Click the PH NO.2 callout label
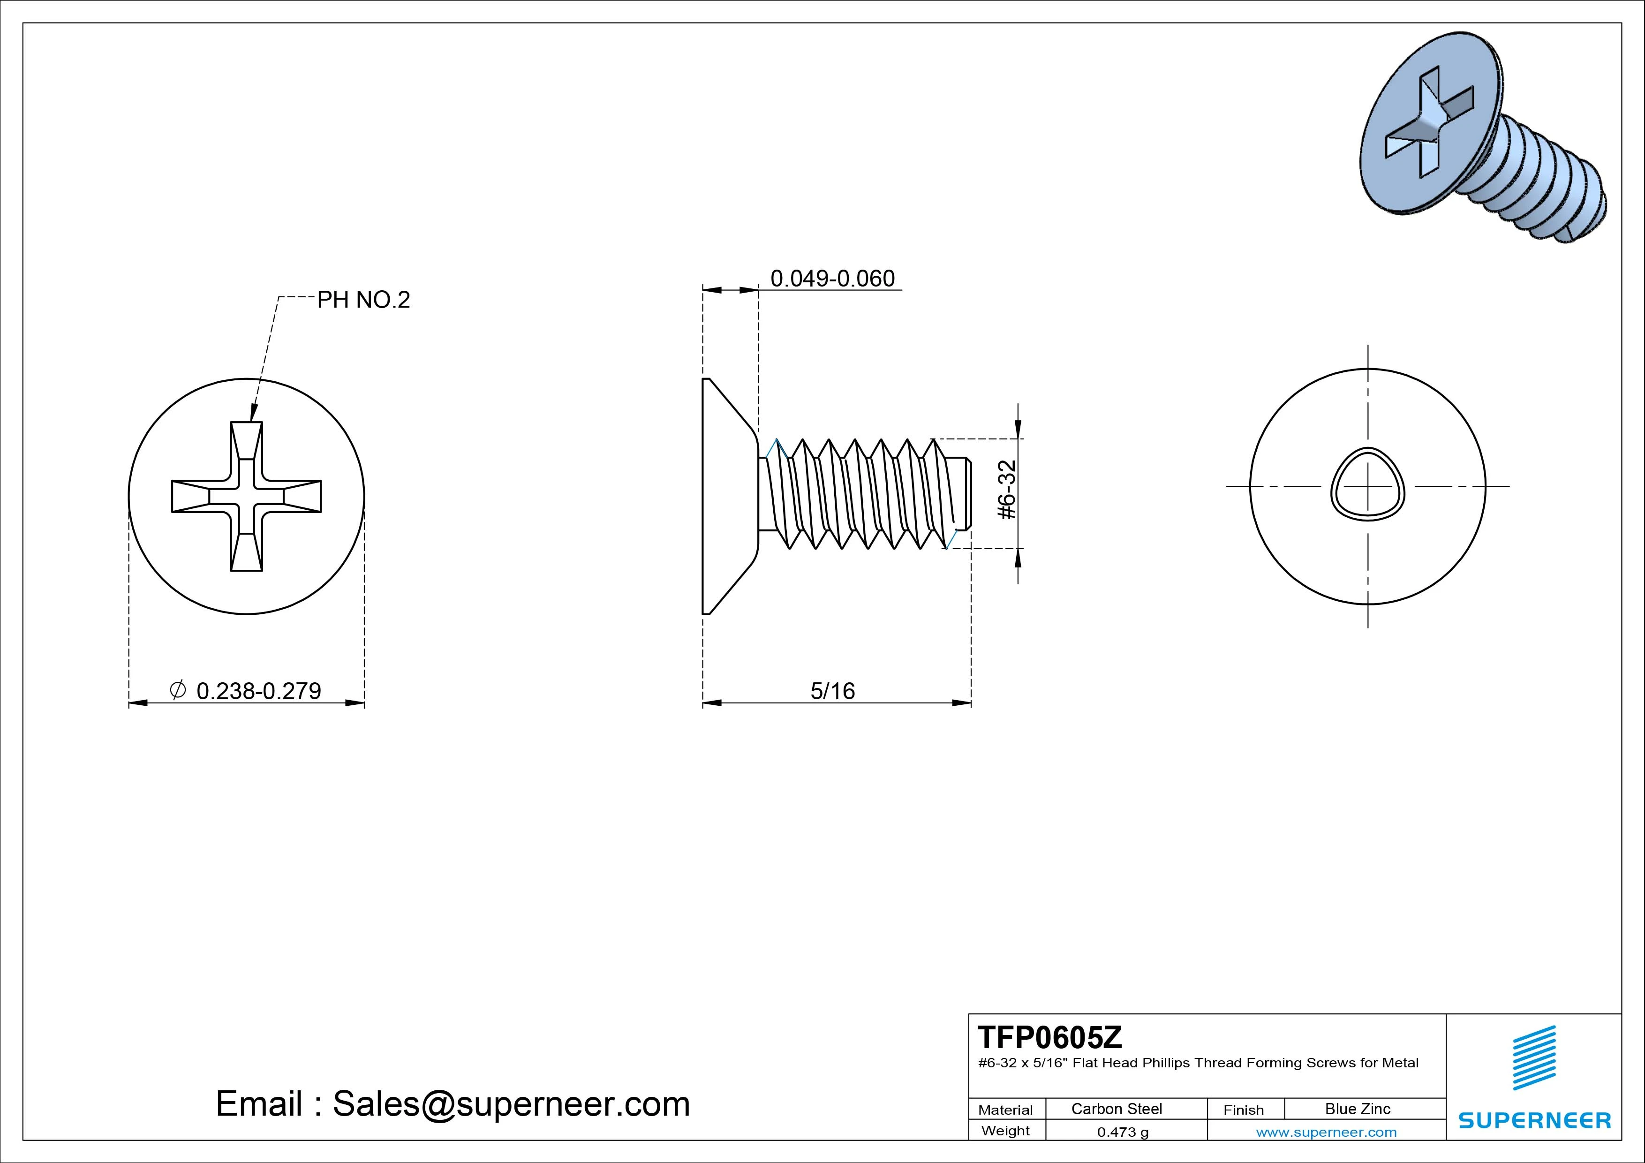point(363,300)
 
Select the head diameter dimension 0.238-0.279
point(259,691)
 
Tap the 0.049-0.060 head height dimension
point(832,278)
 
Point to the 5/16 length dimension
point(832,691)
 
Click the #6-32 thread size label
point(1007,490)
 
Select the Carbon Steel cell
point(1116,1109)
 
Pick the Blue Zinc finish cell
point(1358,1109)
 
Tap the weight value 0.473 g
point(1123,1132)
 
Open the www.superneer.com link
point(1326,1132)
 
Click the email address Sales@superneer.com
point(511,1103)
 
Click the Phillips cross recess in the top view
point(247,496)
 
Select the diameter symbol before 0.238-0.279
point(178,689)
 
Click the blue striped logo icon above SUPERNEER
point(1534,1057)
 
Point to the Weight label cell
point(1005,1131)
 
